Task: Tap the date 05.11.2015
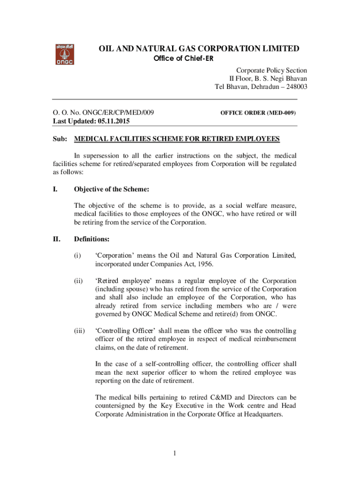(114, 121)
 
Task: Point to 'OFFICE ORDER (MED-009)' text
(258, 113)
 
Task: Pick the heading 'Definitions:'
(92, 239)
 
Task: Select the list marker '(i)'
(78, 255)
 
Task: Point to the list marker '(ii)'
(79, 281)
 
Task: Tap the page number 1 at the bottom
(173, 453)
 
